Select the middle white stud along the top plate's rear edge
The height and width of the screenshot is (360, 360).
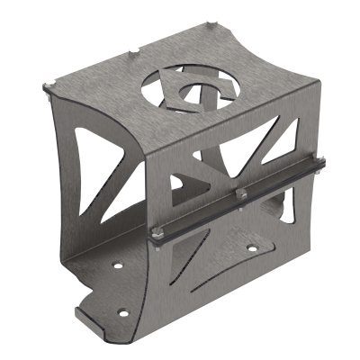(x=132, y=49)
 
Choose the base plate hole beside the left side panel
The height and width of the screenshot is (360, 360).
(x=115, y=265)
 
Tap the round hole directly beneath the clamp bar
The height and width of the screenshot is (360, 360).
(x=250, y=243)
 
